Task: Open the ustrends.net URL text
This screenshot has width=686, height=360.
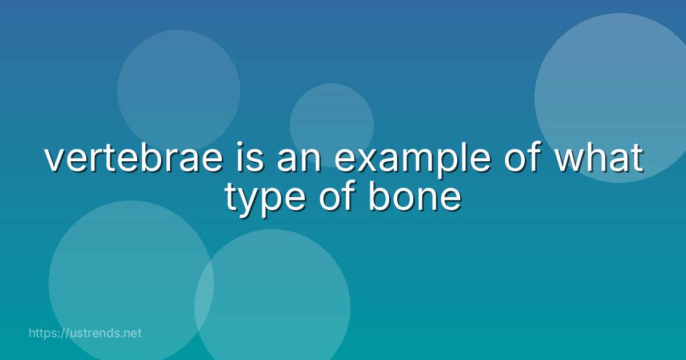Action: coord(85,333)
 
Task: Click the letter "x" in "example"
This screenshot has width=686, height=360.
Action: coord(368,159)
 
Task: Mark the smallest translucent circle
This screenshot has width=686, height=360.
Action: coord(332,125)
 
